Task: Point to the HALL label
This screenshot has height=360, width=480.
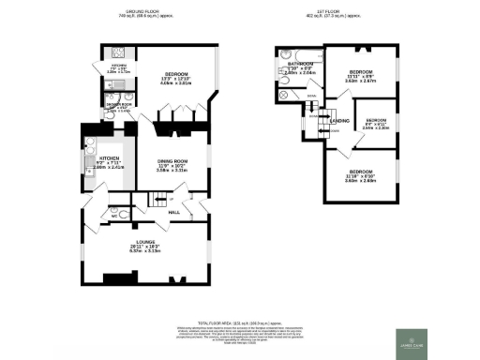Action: pos(173,212)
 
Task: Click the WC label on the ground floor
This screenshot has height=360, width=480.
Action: pos(113,215)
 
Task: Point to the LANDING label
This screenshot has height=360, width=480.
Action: pos(338,120)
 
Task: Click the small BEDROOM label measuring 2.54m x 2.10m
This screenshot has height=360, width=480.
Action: pos(376,124)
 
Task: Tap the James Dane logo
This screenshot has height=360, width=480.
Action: pos(415,340)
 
